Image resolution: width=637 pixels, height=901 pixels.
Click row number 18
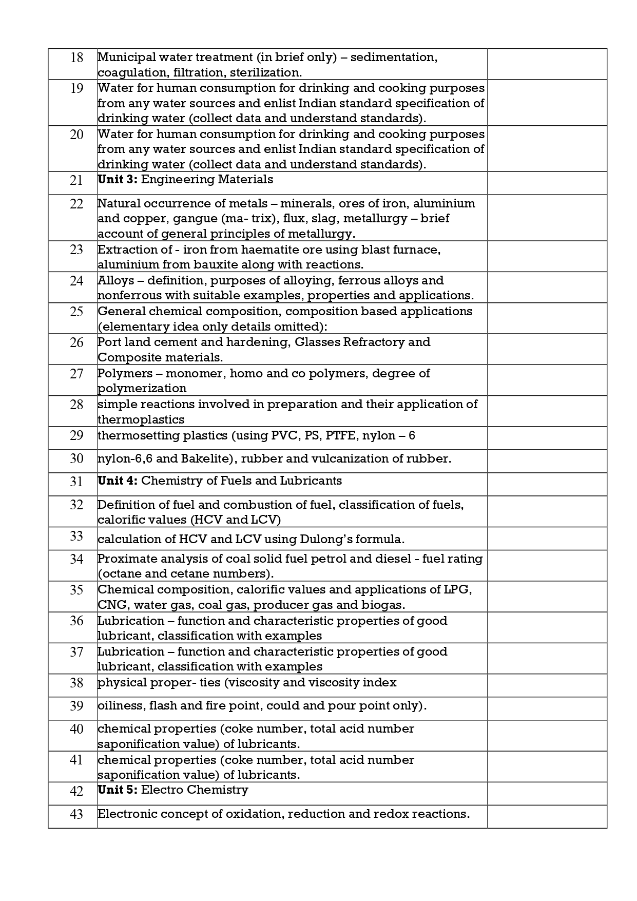click(x=76, y=57)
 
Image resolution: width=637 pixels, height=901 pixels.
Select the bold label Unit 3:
click(x=117, y=179)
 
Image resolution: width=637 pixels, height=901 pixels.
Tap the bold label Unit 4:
click(x=118, y=481)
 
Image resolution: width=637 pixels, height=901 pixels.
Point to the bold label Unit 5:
click(x=118, y=790)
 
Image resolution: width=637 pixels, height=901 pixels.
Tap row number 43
click(x=76, y=815)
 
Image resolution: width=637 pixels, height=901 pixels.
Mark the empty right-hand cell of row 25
click(x=547, y=318)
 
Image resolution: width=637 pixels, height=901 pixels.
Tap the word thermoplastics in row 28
click(x=141, y=419)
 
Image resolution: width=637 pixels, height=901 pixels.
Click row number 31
click(x=76, y=482)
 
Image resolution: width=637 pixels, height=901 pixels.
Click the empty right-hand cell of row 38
click(x=547, y=685)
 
